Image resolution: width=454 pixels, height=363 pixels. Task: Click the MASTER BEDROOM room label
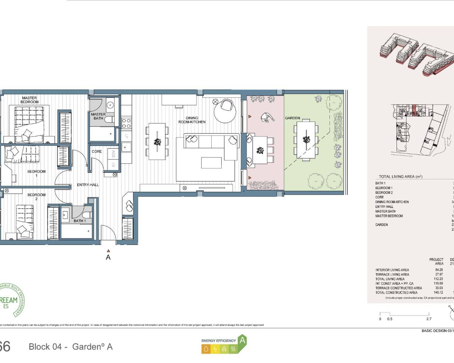click(29, 100)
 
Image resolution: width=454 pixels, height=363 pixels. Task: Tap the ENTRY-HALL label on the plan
click(88, 185)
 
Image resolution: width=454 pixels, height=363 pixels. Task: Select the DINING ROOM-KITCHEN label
click(192, 120)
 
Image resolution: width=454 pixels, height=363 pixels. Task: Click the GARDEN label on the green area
click(292, 118)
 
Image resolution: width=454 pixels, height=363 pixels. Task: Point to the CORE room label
click(96, 151)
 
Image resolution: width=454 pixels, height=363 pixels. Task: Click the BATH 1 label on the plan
click(79, 221)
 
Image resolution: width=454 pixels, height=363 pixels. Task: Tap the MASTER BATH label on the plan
click(98, 116)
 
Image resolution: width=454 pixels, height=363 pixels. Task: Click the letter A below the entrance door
click(108, 257)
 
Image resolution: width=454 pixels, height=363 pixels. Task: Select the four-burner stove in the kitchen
click(126, 123)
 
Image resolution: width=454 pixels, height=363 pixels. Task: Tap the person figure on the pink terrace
click(265, 117)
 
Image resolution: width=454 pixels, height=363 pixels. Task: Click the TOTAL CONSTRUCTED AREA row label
click(396, 292)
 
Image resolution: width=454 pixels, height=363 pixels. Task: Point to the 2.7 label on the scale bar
click(428, 319)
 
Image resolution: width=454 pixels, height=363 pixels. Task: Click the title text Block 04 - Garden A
click(71, 347)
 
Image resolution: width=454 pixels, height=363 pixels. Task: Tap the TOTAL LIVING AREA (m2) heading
click(400, 177)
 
